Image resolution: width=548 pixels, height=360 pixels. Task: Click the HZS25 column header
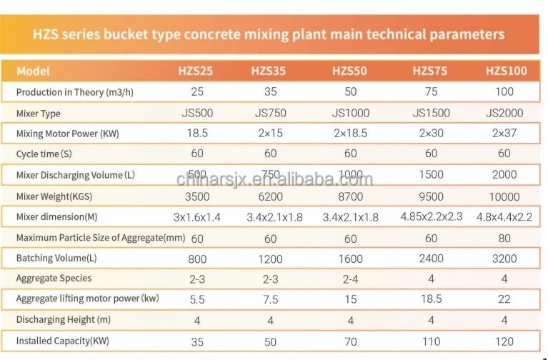coord(195,71)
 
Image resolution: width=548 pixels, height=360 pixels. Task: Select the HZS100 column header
coord(504,71)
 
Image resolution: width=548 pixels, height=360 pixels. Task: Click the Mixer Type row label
coord(38,114)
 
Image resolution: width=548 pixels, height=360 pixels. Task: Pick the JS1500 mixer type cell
coord(431,113)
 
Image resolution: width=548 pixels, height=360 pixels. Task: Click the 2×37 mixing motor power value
coord(504,134)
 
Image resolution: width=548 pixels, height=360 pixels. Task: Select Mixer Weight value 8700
coord(349,196)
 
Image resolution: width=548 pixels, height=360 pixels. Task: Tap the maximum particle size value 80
coord(504,238)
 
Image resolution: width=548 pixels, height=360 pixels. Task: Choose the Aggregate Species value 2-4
coord(349,279)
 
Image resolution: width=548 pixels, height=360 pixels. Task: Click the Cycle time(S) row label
coord(44,154)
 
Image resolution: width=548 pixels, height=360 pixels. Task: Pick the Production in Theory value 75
coord(430,92)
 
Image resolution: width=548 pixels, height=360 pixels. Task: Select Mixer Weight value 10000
coord(504,196)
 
